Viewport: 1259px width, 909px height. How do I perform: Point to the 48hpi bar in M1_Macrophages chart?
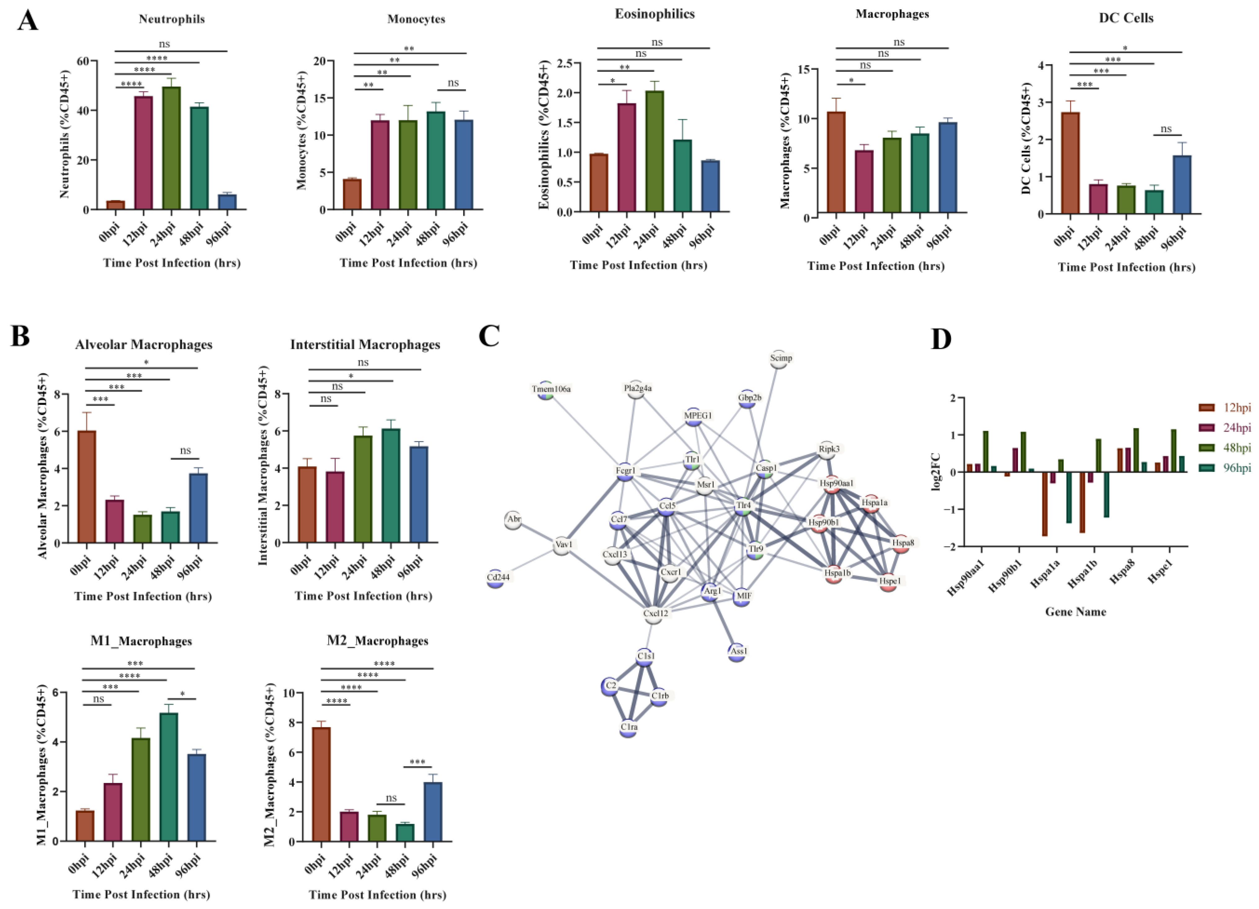[x=169, y=777]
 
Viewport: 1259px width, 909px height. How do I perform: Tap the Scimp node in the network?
[x=780, y=359]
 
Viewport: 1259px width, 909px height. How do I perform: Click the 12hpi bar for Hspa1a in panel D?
[x=1045, y=504]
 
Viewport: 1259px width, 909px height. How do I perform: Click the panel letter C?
[x=489, y=337]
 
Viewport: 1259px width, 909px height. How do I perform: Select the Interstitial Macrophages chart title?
[x=365, y=345]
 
